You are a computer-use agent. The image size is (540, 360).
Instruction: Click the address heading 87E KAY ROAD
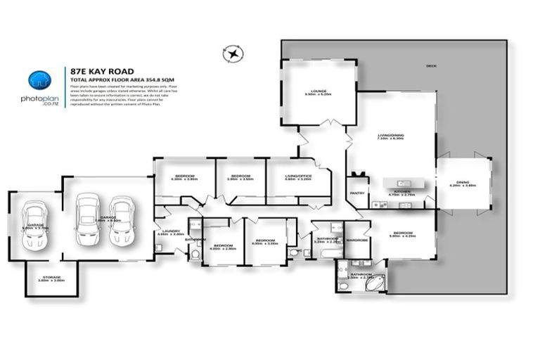tap(101, 71)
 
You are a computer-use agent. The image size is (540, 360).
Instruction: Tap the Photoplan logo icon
tap(39, 80)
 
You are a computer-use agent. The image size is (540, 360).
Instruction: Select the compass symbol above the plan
tap(232, 53)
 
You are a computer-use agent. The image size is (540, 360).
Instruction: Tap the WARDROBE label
tap(358, 240)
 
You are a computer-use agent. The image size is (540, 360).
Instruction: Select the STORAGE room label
tap(51, 278)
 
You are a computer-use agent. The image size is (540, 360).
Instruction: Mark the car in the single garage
tap(34, 225)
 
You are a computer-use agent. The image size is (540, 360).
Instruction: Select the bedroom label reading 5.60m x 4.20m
tap(403, 234)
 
